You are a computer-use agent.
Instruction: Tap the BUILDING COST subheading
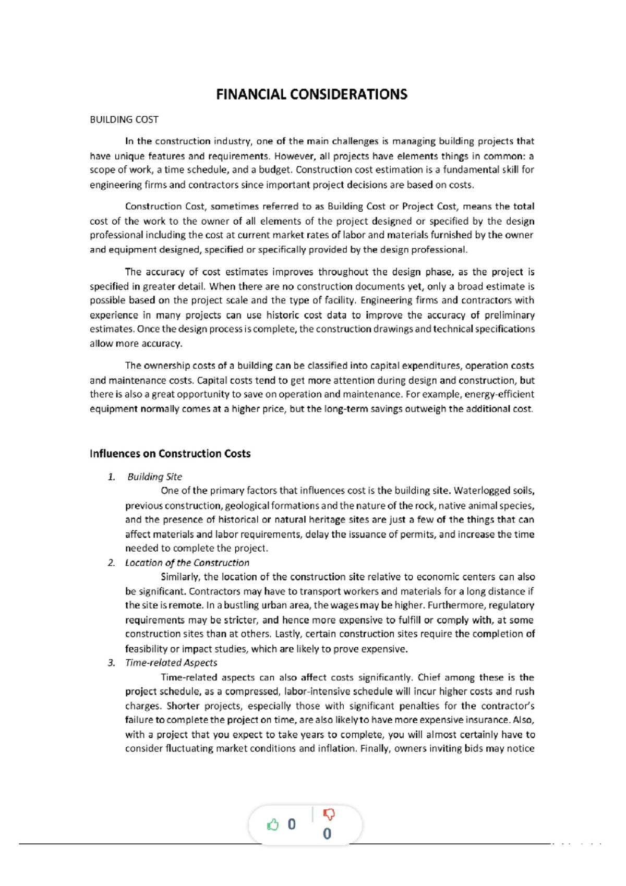pos(124,119)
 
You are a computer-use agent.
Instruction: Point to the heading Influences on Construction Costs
pos(170,454)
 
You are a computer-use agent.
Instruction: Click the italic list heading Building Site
pos(154,477)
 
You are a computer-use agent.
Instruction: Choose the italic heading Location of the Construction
pos(187,563)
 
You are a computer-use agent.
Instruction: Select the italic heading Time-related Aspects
pos(171,663)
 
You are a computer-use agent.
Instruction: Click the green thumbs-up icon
pos(272,824)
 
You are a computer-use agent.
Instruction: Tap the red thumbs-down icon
pos(329,814)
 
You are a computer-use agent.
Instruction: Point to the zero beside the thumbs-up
pos(292,824)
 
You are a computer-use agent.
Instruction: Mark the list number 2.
pos(111,563)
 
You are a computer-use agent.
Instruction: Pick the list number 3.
pos(111,663)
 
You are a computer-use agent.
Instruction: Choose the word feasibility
pos(146,649)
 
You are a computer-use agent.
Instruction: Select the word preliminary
pos(510,315)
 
